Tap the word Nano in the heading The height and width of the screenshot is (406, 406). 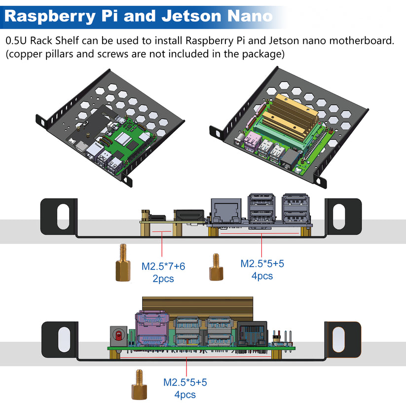point(250,16)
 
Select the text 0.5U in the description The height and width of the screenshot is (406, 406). point(17,40)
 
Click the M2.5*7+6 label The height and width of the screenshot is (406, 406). point(163,266)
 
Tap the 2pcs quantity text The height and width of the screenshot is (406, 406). point(163,279)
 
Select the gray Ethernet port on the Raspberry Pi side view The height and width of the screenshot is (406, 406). point(226,210)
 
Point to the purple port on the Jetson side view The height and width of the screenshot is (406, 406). point(150,330)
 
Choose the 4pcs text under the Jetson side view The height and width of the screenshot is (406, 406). point(185,395)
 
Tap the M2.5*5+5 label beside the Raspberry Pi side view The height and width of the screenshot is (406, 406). point(262,263)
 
